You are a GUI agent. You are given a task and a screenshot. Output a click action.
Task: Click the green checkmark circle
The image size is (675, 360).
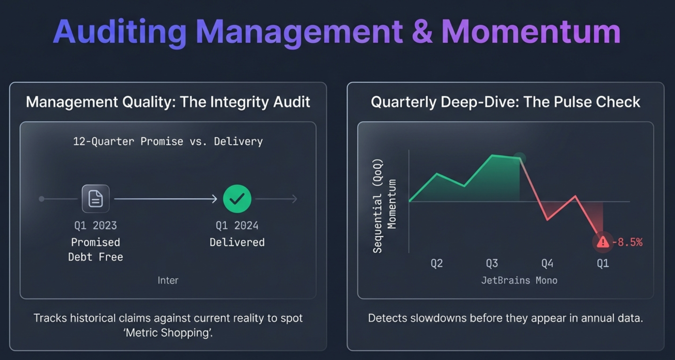[237, 199]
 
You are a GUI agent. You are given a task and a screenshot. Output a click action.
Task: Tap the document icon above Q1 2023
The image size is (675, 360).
[95, 199]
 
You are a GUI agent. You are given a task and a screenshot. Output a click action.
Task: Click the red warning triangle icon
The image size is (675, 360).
[603, 242]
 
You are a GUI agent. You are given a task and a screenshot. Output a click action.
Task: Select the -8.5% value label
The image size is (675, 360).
[628, 242]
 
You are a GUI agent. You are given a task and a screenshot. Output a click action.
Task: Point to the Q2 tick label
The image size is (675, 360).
[437, 263]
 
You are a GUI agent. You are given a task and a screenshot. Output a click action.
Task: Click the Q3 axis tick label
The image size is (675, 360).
[492, 263]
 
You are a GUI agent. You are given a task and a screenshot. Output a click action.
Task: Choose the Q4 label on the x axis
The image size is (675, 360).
[547, 263]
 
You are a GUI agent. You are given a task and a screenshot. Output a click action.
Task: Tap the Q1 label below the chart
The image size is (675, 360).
[603, 263]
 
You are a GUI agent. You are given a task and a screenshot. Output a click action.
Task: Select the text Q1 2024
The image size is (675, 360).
[237, 225]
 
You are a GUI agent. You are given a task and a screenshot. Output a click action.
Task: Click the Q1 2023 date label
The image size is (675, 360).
[95, 225]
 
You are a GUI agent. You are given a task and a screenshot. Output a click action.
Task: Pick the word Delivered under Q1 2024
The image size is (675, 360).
[237, 243]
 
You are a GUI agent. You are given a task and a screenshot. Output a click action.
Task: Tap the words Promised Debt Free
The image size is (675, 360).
[95, 250]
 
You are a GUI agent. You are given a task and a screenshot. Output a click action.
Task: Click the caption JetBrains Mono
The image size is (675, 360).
[519, 280]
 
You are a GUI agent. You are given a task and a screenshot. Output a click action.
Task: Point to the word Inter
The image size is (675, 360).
[168, 280]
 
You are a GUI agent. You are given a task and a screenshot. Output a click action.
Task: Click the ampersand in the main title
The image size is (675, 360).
[422, 32]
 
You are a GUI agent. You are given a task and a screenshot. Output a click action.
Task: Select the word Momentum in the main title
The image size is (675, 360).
[531, 32]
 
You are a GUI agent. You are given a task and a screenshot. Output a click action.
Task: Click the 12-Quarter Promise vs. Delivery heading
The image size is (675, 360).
[168, 142]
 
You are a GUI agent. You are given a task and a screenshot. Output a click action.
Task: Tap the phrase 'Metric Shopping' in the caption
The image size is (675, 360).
[168, 333]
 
